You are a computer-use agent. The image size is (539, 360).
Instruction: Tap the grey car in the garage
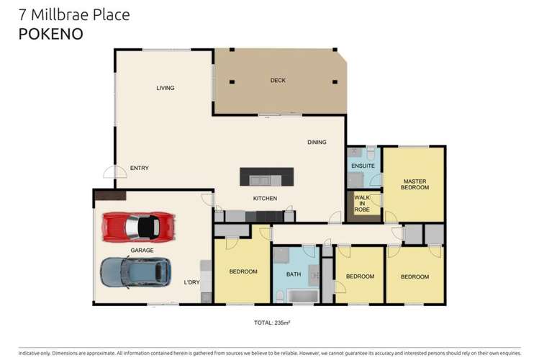click(135, 272)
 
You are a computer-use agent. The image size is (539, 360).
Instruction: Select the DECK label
click(278, 80)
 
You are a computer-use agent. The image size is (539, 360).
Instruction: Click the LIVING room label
click(166, 88)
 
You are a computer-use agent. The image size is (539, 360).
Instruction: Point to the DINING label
click(317, 142)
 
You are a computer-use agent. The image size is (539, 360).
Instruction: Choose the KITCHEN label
click(264, 199)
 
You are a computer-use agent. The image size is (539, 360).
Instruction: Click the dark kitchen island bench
click(266, 176)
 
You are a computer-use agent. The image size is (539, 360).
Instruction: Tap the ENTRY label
click(139, 168)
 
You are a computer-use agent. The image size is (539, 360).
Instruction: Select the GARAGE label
click(141, 250)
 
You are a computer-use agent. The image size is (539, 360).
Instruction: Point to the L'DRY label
click(191, 282)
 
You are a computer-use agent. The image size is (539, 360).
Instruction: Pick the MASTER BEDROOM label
click(415, 184)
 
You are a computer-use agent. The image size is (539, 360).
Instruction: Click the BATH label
click(293, 274)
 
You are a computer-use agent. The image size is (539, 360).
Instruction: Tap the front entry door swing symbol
click(110, 171)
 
